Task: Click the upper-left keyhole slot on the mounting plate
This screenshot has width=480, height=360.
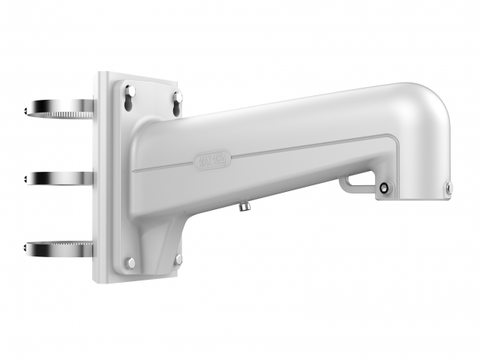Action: click(128, 92)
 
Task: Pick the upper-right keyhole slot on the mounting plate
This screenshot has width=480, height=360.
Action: click(177, 99)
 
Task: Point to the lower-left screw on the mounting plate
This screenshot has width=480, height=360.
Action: click(130, 262)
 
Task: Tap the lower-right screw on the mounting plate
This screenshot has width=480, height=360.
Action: click(178, 259)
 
